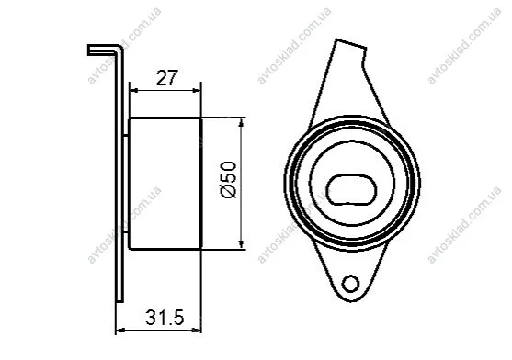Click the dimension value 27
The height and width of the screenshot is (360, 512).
(167, 78)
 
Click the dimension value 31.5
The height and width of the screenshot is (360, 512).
(165, 317)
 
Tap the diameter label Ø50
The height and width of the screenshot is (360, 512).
(229, 180)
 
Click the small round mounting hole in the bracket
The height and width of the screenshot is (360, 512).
(351, 284)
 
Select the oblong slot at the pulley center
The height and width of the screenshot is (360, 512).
(351, 190)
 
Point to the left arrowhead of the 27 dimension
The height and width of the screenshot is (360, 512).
(133, 90)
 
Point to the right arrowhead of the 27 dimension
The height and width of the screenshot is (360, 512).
(197, 90)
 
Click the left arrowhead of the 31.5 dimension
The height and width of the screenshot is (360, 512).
(120, 331)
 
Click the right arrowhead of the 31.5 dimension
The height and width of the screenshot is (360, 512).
(198, 331)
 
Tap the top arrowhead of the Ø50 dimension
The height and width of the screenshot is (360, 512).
(242, 122)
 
